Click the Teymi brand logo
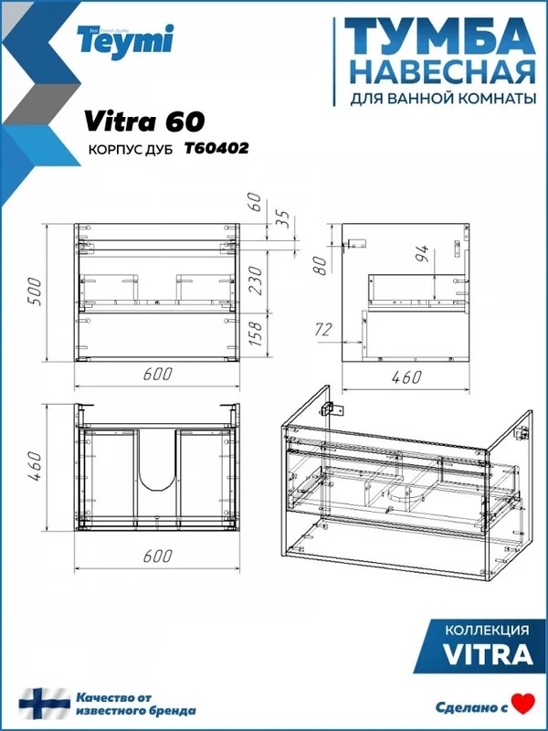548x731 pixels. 126,40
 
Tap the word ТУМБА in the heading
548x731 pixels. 439,37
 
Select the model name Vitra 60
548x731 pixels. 144,122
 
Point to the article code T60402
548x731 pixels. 216,148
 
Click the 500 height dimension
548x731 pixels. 35,291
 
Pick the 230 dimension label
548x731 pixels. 256,280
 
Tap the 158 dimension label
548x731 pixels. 256,334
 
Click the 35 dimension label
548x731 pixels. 282,218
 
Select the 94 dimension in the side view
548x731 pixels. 422,253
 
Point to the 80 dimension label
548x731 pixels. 321,265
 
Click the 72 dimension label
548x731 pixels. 322,330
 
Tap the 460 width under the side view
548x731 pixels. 406,377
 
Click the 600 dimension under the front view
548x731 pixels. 157,374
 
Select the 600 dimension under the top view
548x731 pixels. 157,556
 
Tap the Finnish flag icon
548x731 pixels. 44,704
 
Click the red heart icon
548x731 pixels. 523,704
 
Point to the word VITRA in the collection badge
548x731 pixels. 488,654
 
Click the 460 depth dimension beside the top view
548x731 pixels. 35,466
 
